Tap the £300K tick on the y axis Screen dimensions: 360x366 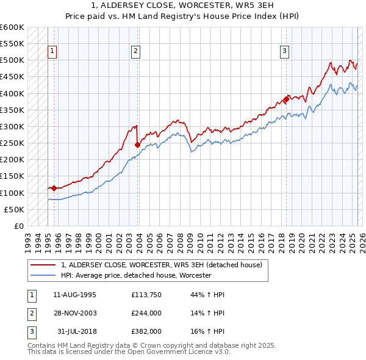(x=13, y=126)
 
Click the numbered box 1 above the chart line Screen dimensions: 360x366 (x=54, y=52)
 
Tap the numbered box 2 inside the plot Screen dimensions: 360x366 (x=135, y=52)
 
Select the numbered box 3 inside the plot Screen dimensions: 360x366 (x=285, y=52)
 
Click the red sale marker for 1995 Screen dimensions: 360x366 (x=54, y=189)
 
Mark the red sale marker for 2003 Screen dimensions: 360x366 (x=137, y=145)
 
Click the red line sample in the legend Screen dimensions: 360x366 (x=43, y=265)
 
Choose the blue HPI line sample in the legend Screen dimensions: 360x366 (x=43, y=275)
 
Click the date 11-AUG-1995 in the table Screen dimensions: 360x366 (x=75, y=295)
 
